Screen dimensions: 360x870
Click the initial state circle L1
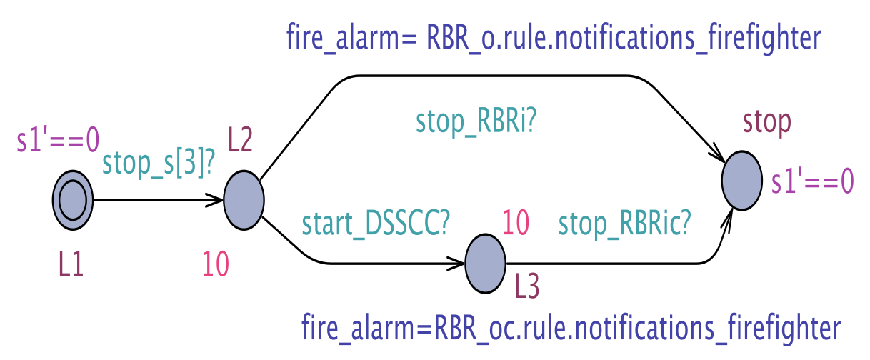[x=72, y=201]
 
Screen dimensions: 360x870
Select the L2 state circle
[x=244, y=200]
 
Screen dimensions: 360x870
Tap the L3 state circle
[x=486, y=264]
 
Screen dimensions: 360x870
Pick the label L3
[x=527, y=287]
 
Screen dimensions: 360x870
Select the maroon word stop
[x=767, y=124]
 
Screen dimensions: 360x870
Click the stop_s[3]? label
[x=159, y=164]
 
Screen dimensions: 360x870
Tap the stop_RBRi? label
[x=476, y=122]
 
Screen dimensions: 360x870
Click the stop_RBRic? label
[x=624, y=224]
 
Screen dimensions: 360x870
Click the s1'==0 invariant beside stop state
[x=812, y=183]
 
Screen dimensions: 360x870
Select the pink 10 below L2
[x=216, y=265]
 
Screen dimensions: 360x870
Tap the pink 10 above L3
[x=516, y=223]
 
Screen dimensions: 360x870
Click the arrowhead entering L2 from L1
[x=217, y=201]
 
